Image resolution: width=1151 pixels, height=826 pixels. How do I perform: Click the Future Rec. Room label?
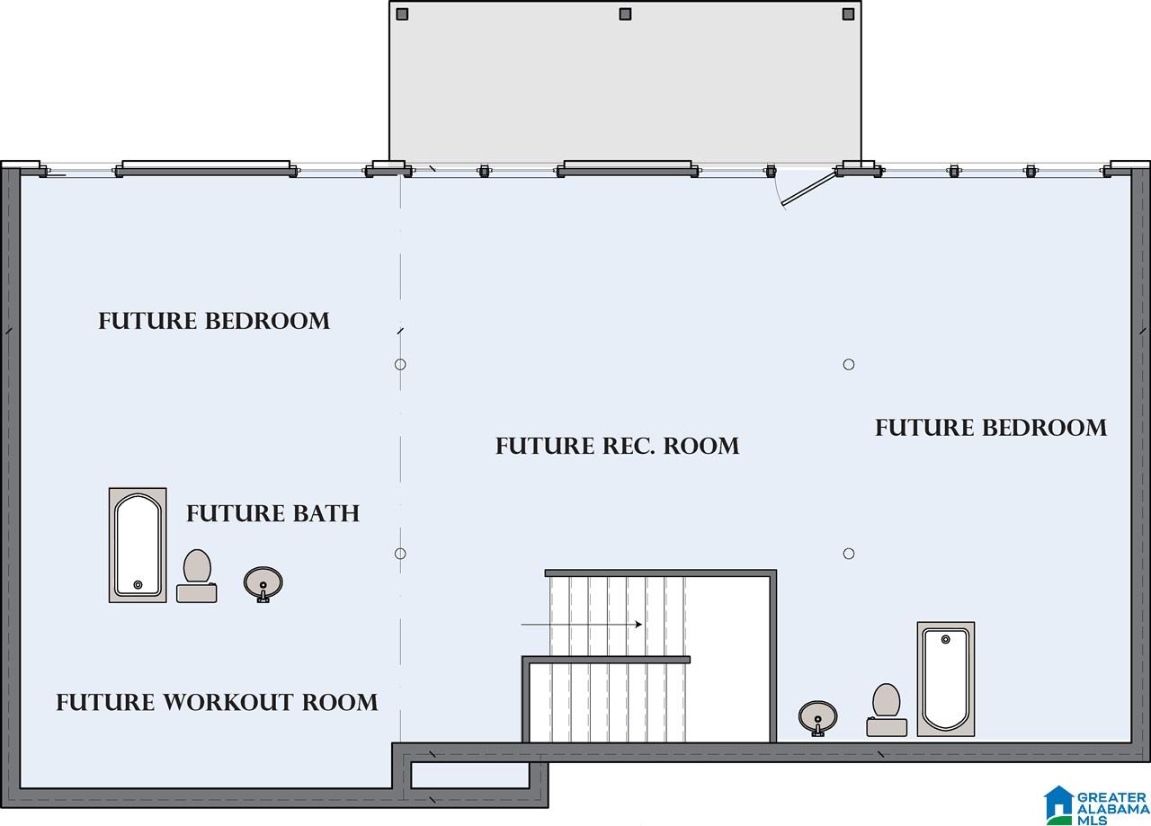[617, 446]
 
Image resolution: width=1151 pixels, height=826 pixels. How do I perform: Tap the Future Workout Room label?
[217, 702]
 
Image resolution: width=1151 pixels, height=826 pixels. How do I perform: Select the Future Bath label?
[272, 513]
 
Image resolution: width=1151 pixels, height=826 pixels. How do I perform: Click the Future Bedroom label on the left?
[214, 321]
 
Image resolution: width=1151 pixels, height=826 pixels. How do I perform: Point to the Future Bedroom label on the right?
[991, 428]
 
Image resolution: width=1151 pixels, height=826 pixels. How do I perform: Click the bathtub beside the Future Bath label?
[138, 545]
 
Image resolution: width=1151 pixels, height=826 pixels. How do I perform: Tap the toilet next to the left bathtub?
[197, 576]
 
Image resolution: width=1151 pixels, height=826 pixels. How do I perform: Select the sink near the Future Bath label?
[263, 584]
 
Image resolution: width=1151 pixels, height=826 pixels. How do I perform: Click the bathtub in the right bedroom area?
[946, 679]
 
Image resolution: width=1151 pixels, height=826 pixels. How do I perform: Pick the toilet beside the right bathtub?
[887, 710]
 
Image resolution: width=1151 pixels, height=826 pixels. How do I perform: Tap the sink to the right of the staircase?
[817, 719]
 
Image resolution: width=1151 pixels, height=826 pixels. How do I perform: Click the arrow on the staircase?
[582, 624]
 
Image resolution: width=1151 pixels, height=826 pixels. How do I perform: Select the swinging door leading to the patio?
[808, 189]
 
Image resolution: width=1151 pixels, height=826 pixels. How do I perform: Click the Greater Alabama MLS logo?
[1096, 805]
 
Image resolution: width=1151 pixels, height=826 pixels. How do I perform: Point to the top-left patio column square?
[402, 13]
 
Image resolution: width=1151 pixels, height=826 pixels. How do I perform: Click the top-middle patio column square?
[625, 13]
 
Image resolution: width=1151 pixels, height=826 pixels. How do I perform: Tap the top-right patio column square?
[848, 13]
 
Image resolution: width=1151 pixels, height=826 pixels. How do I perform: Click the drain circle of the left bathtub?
[138, 584]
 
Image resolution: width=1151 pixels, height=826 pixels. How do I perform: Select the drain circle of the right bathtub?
[945, 640]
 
